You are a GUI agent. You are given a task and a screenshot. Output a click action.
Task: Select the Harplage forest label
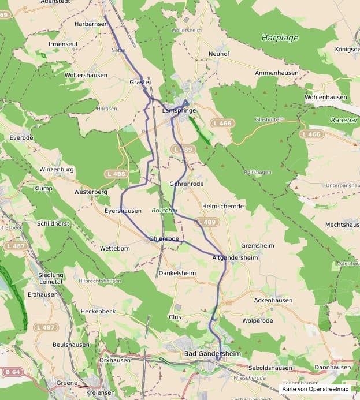click(280, 38)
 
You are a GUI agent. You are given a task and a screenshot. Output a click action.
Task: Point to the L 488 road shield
click(116, 174)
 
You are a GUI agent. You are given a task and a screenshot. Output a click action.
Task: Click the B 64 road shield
click(13, 372)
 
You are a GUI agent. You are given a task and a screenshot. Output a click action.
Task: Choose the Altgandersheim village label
click(235, 257)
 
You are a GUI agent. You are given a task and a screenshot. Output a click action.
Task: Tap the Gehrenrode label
click(187, 184)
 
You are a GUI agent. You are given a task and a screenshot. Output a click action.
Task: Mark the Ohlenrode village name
click(164, 238)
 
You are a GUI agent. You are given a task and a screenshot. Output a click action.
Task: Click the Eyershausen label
click(123, 211)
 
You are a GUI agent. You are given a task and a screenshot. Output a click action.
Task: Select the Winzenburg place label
click(57, 169)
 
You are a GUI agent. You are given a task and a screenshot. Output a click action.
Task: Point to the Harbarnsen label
click(91, 24)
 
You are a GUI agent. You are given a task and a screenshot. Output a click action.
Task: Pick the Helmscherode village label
click(223, 206)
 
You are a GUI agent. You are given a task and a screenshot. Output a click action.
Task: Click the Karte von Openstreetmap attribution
click(316, 389)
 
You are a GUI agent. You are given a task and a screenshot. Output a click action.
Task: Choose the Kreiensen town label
click(100, 392)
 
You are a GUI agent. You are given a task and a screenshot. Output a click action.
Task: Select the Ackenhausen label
click(273, 301)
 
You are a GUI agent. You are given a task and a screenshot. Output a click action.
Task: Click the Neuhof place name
click(220, 54)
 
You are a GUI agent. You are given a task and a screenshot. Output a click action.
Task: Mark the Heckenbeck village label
click(98, 311)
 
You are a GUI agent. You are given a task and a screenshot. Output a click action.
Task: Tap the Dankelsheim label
click(177, 273)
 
